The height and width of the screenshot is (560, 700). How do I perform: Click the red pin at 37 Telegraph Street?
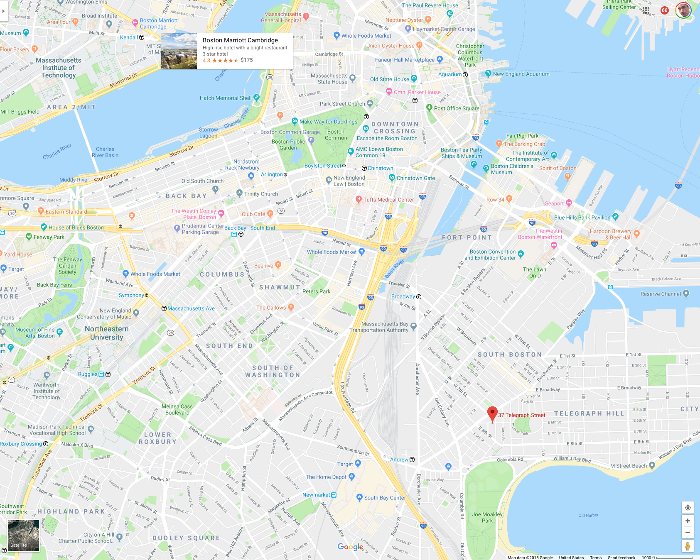click(x=492, y=414)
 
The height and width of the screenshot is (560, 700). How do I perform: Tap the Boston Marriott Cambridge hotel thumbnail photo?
click(x=179, y=51)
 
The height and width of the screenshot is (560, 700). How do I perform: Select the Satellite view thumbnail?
click(x=24, y=536)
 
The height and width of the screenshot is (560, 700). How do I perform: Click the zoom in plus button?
click(x=688, y=521)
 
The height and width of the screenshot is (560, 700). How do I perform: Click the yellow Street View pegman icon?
click(x=688, y=546)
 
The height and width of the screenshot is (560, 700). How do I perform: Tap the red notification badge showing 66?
click(x=665, y=10)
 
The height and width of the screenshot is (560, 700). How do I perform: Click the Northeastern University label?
click(x=107, y=333)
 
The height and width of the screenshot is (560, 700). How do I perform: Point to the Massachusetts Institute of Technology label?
click(x=59, y=68)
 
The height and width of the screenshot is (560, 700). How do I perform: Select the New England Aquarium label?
click(x=521, y=74)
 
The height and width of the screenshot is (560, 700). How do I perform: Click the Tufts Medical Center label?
click(x=388, y=200)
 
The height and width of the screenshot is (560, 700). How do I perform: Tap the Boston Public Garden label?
click(x=288, y=144)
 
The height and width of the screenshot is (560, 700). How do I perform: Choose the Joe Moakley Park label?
click(x=487, y=517)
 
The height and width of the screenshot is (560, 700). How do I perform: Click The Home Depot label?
click(x=326, y=477)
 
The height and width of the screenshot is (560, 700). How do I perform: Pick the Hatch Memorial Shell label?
click(x=226, y=98)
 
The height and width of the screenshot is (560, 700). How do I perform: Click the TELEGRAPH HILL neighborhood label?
click(x=589, y=413)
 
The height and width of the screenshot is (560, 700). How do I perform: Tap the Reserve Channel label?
click(x=661, y=294)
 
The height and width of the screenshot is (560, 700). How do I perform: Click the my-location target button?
click(x=688, y=508)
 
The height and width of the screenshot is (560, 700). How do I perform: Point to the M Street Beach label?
click(x=629, y=466)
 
